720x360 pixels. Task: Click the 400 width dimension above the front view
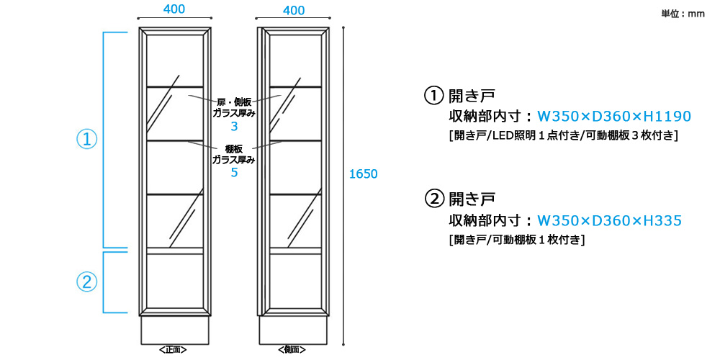(175, 9)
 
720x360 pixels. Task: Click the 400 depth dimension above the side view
(294, 10)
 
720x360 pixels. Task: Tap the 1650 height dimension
(363, 174)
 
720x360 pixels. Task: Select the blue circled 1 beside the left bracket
(86, 140)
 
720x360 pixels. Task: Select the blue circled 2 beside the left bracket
(86, 282)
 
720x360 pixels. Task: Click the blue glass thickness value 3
(234, 127)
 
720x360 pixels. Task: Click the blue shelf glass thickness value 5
(234, 173)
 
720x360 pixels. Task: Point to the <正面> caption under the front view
(174, 350)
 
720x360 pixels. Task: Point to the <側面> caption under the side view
(293, 350)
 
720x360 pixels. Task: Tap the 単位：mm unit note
(683, 14)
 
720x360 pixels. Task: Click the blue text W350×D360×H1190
(614, 117)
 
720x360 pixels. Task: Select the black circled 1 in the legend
(433, 96)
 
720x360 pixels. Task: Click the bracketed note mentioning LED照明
(562, 135)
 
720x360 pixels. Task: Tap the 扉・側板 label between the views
(234, 102)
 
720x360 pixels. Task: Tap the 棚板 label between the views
(234, 149)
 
